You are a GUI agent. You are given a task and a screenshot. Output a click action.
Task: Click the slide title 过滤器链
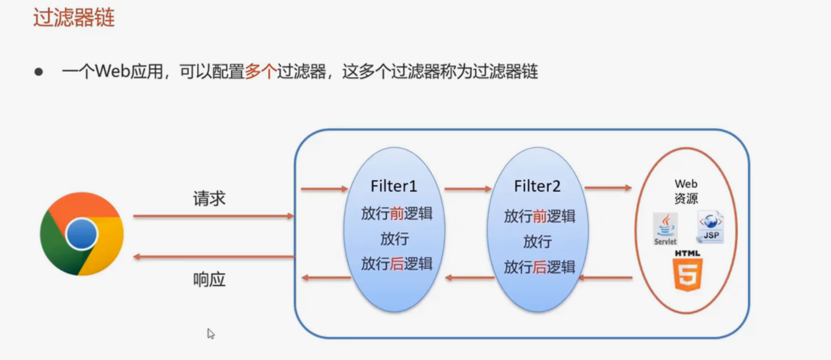click(x=73, y=18)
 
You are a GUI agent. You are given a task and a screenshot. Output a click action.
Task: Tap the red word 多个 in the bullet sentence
click(x=260, y=72)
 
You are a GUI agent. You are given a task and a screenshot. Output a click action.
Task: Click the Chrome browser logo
click(x=82, y=234)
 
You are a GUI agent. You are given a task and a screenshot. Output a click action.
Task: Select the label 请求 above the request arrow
click(x=209, y=198)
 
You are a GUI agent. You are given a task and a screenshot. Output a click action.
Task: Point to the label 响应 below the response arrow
click(x=209, y=279)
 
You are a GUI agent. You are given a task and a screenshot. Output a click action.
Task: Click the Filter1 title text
click(x=394, y=186)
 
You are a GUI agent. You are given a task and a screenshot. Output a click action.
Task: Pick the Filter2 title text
click(x=537, y=186)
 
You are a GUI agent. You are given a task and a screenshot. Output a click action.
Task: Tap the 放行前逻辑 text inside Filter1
click(x=397, y=214)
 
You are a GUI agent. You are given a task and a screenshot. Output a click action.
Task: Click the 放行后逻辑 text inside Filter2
click(x=540, y=267)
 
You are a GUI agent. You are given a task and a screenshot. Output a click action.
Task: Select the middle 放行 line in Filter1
click(x=394, y=238)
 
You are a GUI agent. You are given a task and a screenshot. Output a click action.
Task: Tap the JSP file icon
click(x=710, y=227)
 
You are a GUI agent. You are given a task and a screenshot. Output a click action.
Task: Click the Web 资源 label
click(x=686, y=191)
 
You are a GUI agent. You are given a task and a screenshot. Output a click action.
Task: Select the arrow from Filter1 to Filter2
click(x=468, y=189)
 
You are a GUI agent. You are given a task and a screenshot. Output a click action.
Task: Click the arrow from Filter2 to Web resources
click(x=608, y=188)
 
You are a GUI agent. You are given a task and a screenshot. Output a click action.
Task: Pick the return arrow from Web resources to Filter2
click(x=605, y=277)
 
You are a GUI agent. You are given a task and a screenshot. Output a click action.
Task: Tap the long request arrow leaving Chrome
click(x=214, y=216)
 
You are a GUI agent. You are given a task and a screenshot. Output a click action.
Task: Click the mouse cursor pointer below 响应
click(x=211, y=333)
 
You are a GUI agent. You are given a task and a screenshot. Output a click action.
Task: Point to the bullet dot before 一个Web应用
click(x=38, y=72)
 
